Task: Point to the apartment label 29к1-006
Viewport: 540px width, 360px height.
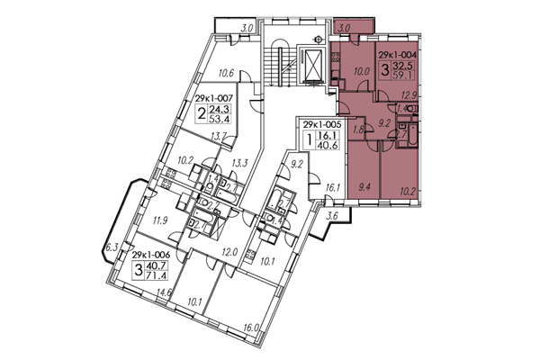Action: click(x=150, y=256)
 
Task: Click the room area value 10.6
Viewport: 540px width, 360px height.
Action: click(x=227, y=74)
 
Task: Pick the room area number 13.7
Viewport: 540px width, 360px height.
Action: click(x=217, y=135)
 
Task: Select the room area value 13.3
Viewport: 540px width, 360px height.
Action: click(x=238, y=163)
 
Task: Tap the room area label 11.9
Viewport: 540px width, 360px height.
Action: click(x=161, y=219)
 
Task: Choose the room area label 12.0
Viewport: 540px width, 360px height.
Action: click(x=229, y=253)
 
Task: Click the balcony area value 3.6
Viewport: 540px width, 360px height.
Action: click(x=331, y=217)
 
